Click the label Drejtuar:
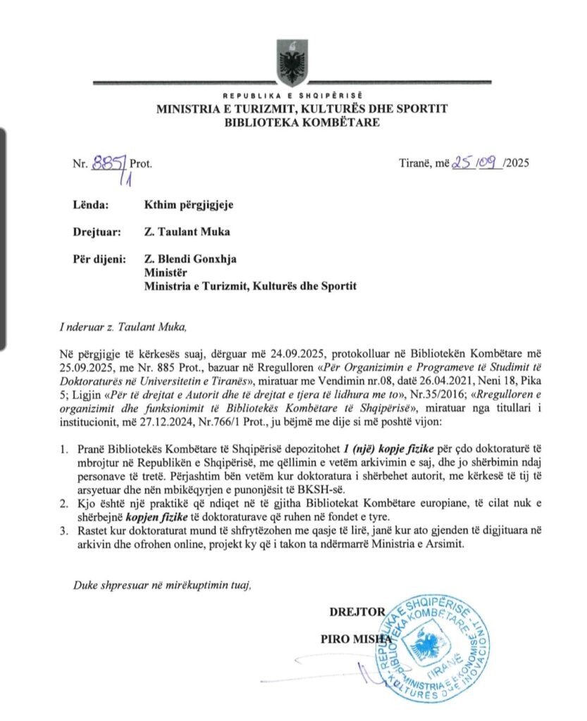tap(98, 232)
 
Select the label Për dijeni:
tap(99, 258)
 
